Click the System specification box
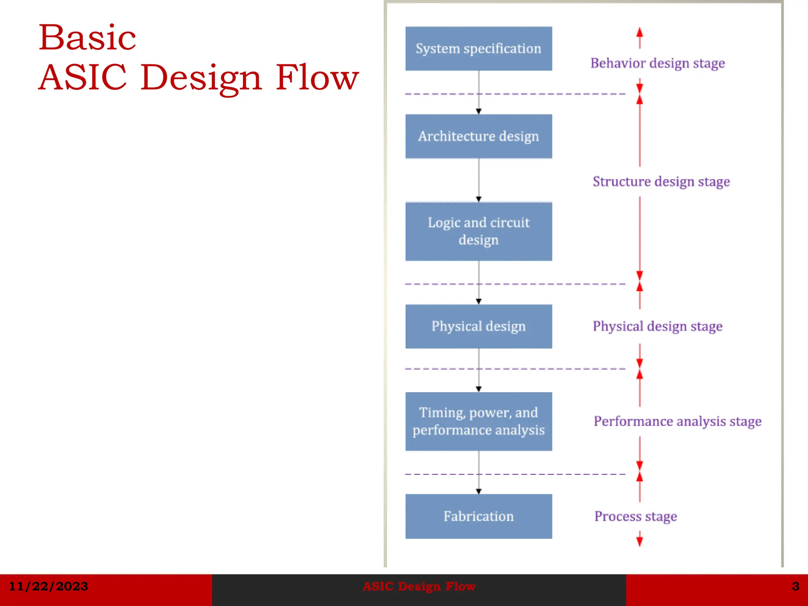pyautogui.click(x=479, y=49)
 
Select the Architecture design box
pyautogui.click(x=479, y=136)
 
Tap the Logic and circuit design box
pyautogui.click(x=479, y=231)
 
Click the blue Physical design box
pyautogui.click(x=479, y=326)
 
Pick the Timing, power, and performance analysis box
pyautogui.click(x=479, y=421)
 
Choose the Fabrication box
pyautogui.click(x=479, y=516)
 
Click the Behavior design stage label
pyautogui.click(x=658, y=63)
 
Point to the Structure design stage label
pyautogui.click(x=661, y=181)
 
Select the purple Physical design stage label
pyautogui.click(x=658, y=326)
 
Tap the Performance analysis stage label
pyautogui.click(x=677, y=421)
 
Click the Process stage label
pyautogui.click(x=636, y=516)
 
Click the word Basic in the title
pyautogui.click(x=87, y=38)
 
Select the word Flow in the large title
pyautogui.click(x=317, y=77)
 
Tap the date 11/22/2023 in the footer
pyautogui.click(x=48, y=586)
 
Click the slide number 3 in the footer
pyautogui.click(x=795, y=586)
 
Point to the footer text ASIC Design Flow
pyautogui.click(x=419, y=586)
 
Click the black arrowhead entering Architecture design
pyautogui.click(x=479, y=112)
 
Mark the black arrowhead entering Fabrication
pyautogui.click(x=479, y=492)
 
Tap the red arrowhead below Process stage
pyautogui.click(x=640, y=541)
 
